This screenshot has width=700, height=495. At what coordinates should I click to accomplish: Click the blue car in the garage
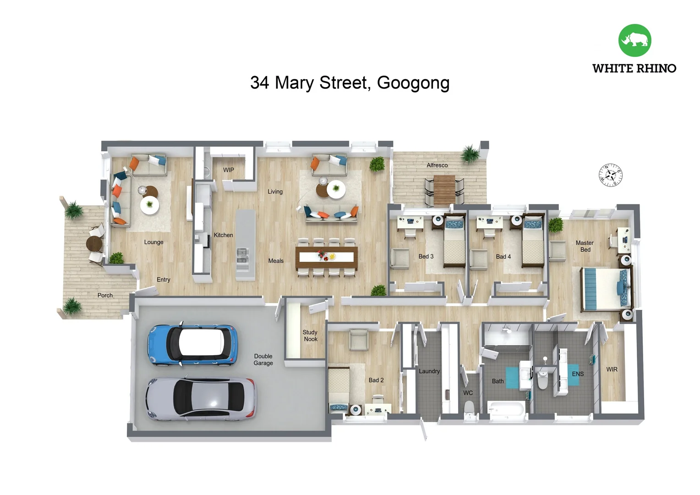click(x=192, y=345)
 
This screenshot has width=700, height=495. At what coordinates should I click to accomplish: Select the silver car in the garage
click(x=201, y=398)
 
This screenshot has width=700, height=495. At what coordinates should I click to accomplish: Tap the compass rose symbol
click(x=611, y=175)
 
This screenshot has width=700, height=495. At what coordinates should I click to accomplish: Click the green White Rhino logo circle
click(x=634, y=40)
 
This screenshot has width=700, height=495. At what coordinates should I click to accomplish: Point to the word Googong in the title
click(x=413, y=83)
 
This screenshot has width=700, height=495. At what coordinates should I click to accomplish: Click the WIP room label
click(x=229, y=170)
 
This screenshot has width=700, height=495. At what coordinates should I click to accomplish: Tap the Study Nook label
click(x=310, y=335)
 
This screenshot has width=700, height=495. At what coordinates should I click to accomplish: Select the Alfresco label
click(x=437, y=165)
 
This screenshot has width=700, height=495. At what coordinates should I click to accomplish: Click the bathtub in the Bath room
click(x=506, y=409)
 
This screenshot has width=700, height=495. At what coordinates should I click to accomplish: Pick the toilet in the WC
click(x=469, y=409)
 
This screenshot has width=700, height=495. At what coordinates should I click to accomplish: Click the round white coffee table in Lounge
click(x=149, y=205)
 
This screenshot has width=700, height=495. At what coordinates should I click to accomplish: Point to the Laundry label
click(x=429, y=371)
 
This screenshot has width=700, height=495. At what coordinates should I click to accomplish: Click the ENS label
click(x=578, y=374)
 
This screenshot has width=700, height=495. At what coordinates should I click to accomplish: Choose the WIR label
click(x=612, y=369)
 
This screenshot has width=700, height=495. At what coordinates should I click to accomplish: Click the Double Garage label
click(x=263, y=359)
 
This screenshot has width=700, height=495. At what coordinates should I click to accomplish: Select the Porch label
click(x=105, y=295)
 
